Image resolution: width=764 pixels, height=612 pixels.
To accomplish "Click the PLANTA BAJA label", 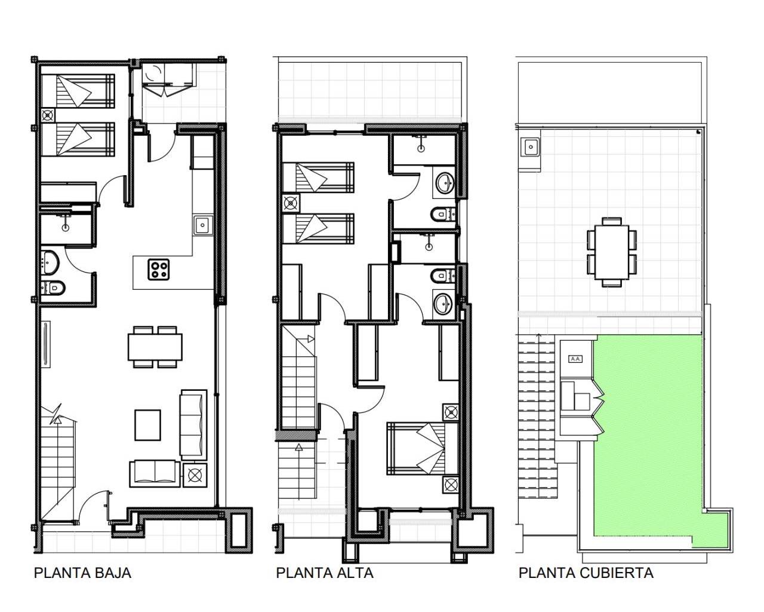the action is pyautogui.click(x=82, y=573).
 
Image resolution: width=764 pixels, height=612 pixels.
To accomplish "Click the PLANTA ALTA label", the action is pyautogui.click(x=325, y=573).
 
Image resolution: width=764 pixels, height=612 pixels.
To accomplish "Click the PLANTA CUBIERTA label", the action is pyautogui.click(x=586, y=573).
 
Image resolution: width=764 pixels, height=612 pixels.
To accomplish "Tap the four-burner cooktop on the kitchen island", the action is pyautogui.click(x=158, y=270).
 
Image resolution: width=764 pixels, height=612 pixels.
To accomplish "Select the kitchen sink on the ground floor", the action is pyautogui.click(x=203, y=225).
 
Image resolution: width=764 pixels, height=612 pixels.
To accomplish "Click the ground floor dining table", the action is pyautogui.click(x=155, y=347).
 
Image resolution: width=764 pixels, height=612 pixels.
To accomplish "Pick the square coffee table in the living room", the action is pyautogui.click(x=147, y=425).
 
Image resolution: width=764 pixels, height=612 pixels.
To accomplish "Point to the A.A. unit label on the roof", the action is pyautogui.click(x=575, y=359).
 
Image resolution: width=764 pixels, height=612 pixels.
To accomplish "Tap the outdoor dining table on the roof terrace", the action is pyautogui.click(x=612, y=252).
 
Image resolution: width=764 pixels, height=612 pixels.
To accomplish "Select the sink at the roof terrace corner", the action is pyautogui.click(x=531, y=147).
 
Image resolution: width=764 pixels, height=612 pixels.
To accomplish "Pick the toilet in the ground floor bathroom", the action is pyautogui.click(x=53, y=287).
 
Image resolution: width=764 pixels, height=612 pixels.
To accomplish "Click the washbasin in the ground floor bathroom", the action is pyautogui.click(x=50, y=262).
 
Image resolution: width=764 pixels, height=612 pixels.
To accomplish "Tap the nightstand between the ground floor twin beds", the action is pyautogui.click(x=48, y=115).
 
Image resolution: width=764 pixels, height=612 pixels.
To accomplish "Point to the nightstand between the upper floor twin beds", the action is pyautogui.click(x=291, y=203).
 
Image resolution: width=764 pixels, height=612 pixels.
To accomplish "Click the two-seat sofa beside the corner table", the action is pyautogui.click(x=155, y=473).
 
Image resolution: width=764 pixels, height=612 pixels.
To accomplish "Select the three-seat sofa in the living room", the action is pyautogui.click(x=193, y=424).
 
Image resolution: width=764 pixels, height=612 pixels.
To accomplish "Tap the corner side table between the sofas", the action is pyautogui.click(x=195, y=475).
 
